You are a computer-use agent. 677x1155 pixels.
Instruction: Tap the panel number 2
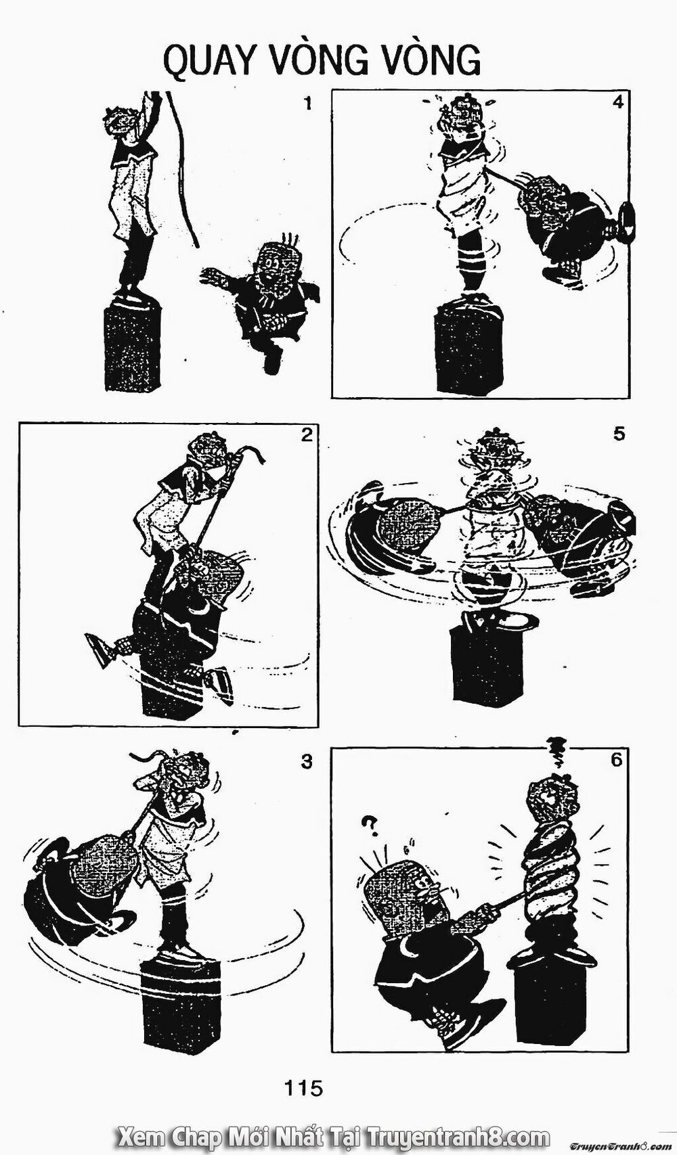tap(306, 435)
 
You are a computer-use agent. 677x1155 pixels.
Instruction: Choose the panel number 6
tap(615, 760)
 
